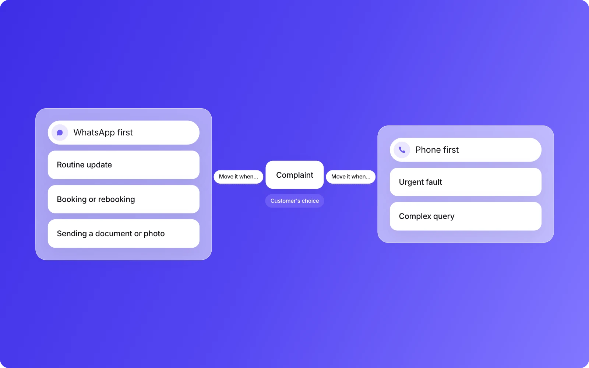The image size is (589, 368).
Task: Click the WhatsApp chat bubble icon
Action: click(60, 132)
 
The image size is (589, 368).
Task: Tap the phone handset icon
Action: click(402, 150)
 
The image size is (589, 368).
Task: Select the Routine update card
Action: click(124, 165)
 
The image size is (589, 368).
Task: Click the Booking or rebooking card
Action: click(124, 199)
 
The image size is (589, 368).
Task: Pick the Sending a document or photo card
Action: click(124, 233)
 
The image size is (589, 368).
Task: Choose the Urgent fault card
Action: click(465, 182)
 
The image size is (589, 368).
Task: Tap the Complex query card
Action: click(465, 216)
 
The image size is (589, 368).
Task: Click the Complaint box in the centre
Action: click(294, 175)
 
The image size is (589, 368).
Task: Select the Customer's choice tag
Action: click(294, 201)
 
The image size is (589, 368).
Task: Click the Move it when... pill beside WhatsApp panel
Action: click(239, 177)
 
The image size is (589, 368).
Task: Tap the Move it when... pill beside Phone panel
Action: click(351, 177)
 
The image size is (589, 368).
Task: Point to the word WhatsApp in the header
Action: click(94, 132)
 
